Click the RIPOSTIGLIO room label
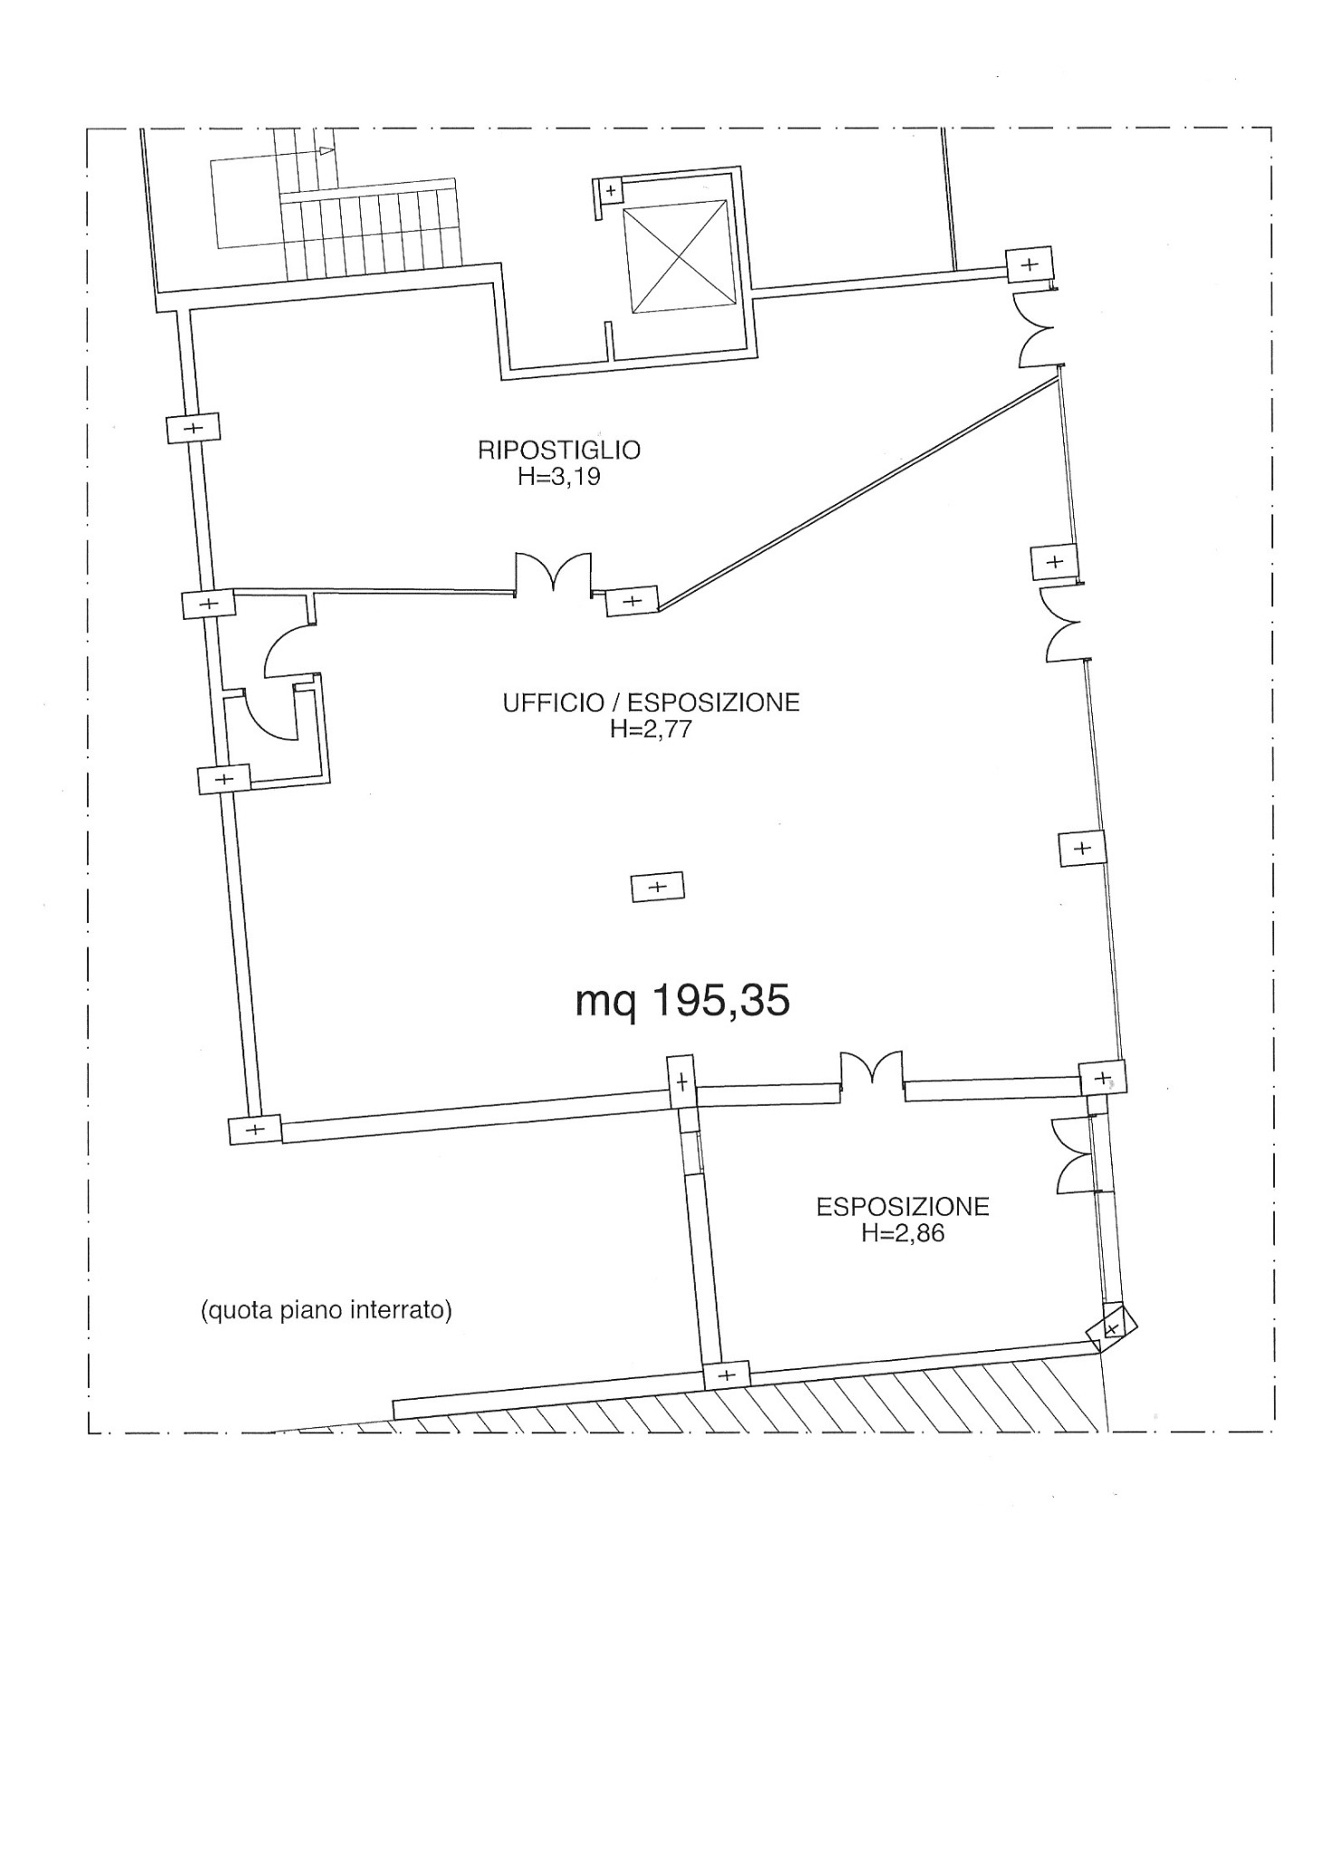[x=559, y=450]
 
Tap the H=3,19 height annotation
[x=559, y=477]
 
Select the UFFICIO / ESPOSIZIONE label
[x=651, y=703]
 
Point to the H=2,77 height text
[x=651, y=729]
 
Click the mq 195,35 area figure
[x=683, y=1001]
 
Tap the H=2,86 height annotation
[x=903, y=1233]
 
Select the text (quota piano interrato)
[x=326, y=1310]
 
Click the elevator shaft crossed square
[x=677, y=256]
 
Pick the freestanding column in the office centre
[x=658, y=887]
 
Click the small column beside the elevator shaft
[x=611, y=191]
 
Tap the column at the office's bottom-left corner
[x=255, y=1129]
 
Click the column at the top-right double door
[x=1030, y=264]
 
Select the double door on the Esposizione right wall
[x=1073, y=1155]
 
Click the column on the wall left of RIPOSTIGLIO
[x=194, y=428]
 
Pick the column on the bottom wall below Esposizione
[x=727, y=1375]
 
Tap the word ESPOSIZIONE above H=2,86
[x=903, y=1207]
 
